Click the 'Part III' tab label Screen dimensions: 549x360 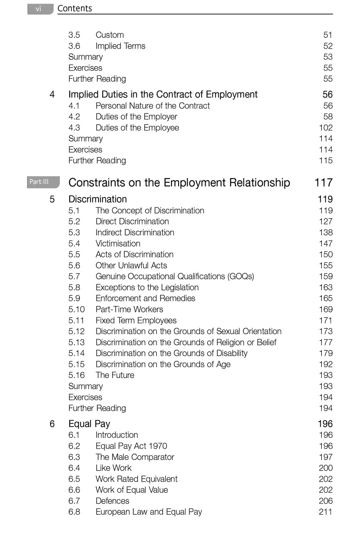click(x=39, y=182)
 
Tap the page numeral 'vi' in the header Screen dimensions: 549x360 click(x=39, y=9)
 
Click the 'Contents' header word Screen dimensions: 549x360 click(x=75, y=9)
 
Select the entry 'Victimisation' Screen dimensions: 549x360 click(x=118, y=243)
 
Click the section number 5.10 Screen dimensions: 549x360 click(x=76, y=309)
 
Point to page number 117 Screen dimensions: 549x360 click(x=324, y=183)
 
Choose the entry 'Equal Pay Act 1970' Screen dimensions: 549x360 click(x=131, y=446)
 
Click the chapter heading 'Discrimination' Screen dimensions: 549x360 click(x=98, y=199)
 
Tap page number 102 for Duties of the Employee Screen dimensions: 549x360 click(x=325, y=128)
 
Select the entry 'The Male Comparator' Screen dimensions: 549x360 click(x=135, y=457)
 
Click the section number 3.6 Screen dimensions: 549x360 click(x=74, y=46)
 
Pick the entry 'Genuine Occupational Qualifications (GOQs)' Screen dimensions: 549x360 click(x=175, y=276)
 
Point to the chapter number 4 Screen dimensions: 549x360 click(x=52, y=94)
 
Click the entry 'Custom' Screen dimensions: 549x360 click(x=109, y=35)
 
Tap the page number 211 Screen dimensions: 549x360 click(x=325, y=512)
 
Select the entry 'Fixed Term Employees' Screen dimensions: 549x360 click(x=136, y=320)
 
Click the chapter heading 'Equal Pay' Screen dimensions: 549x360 click(x=89, y=424)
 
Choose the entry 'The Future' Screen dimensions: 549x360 click(x=115, y=375)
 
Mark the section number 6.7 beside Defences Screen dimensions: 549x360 click(x=74, y=501)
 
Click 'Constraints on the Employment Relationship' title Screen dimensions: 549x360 click(x=179, y=183)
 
